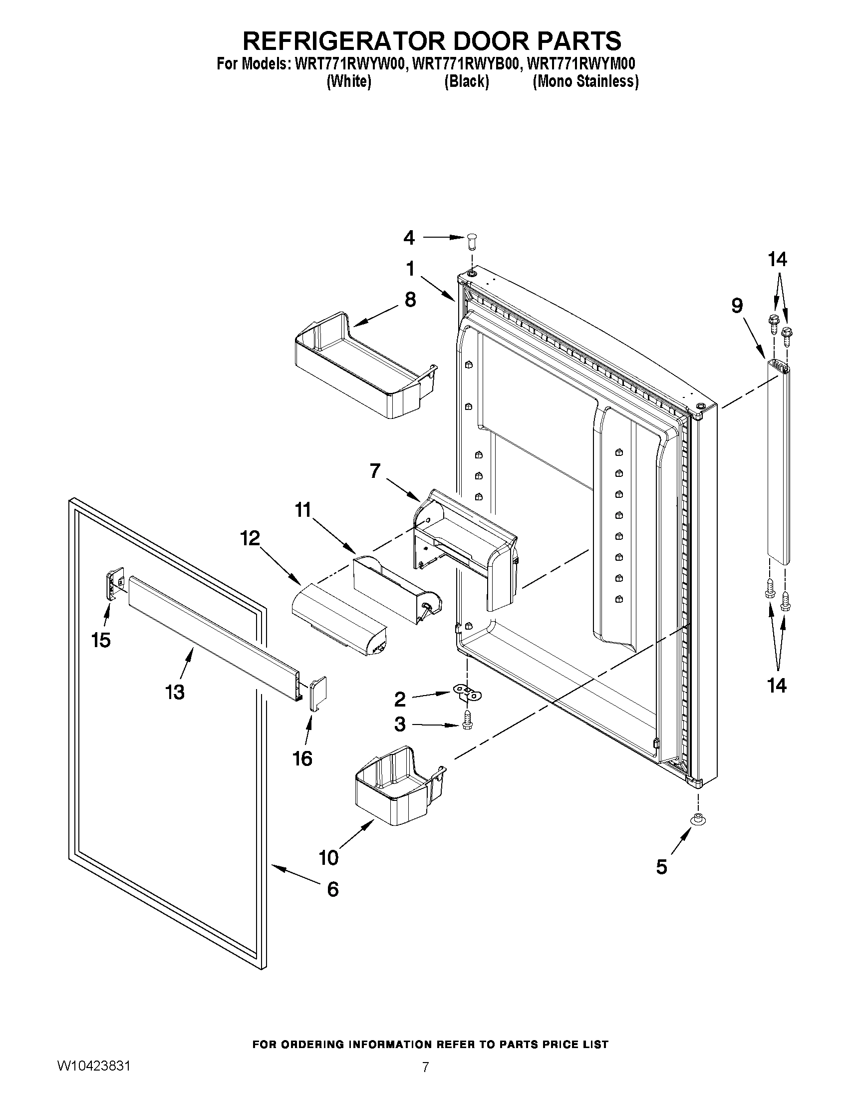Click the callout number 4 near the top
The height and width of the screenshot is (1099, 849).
coord(409,238)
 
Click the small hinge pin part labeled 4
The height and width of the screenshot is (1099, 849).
coord(471,241)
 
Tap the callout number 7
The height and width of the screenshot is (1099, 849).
coord(375,471)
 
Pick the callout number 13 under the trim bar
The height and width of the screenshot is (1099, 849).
coord(175,693)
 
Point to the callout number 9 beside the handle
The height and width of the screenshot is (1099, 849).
coord(736,306)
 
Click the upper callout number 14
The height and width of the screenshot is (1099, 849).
coord(777,260)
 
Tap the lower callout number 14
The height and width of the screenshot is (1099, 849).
coord(777,686)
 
